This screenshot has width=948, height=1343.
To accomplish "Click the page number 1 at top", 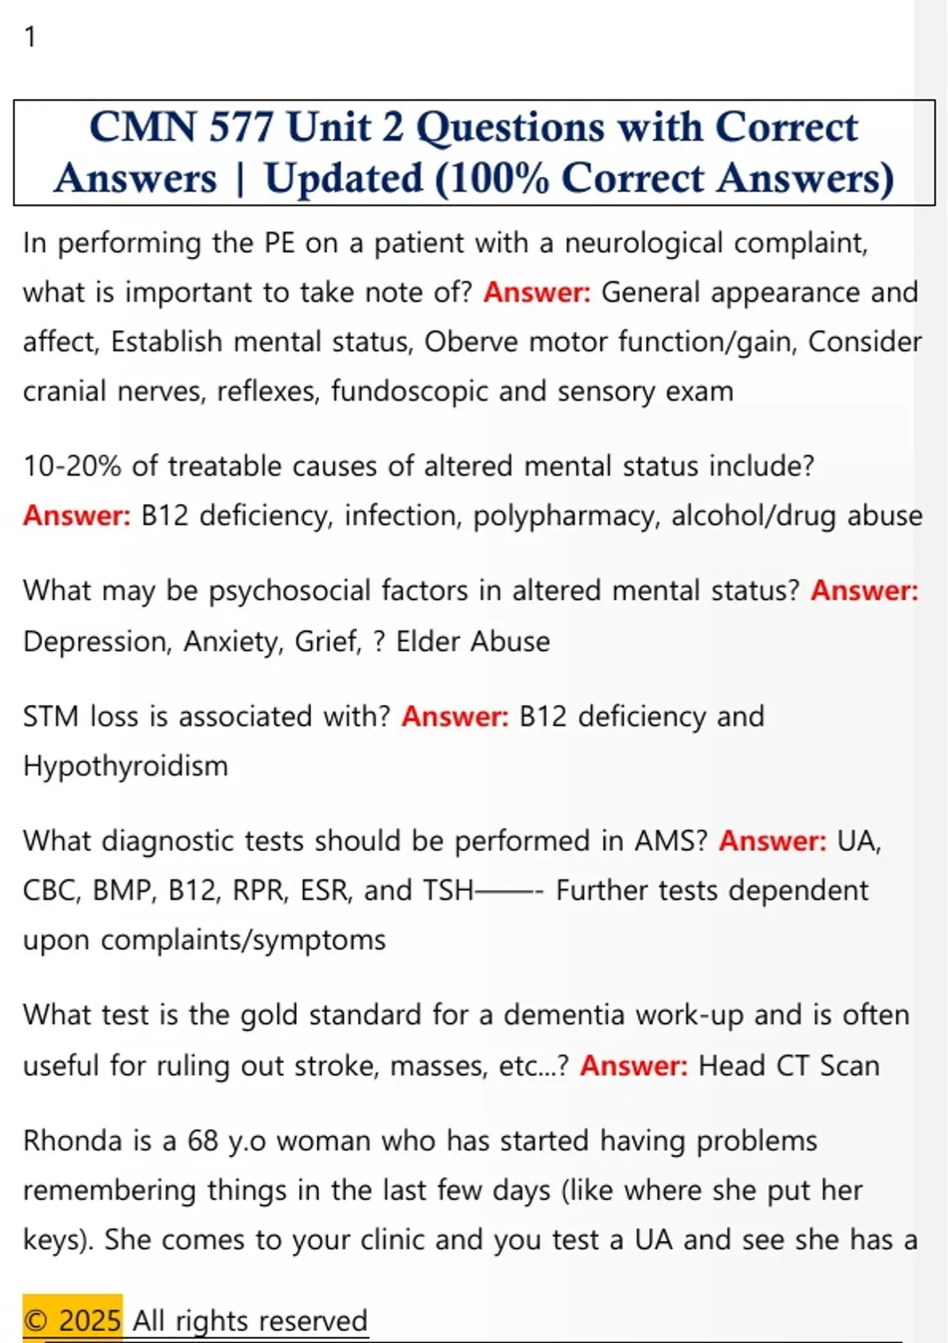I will click(30, 37).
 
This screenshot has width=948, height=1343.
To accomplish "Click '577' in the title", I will click(241, 127).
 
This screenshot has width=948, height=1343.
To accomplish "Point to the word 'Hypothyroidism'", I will click(126, 766).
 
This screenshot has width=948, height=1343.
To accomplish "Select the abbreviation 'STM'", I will click(51, 717).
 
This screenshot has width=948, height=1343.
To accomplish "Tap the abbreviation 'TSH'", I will click(448, 891).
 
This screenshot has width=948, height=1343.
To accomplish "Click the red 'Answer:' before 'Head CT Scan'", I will click(634, 1066).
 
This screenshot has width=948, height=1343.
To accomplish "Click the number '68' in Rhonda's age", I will click(202, 1142).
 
